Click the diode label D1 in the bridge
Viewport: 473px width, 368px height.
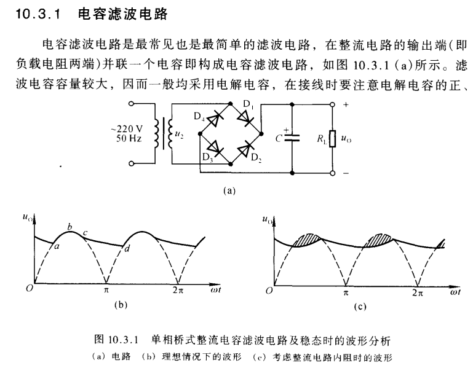(x=248, y=105)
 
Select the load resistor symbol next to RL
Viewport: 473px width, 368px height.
(x=333, y=139)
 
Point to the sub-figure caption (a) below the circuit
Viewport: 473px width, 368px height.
(x=231, y=190)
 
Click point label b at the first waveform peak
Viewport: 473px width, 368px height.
(x=70, y=227)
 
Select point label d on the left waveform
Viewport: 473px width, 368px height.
(x=127, y=248)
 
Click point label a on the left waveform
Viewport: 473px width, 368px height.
(x=57, y=247)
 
